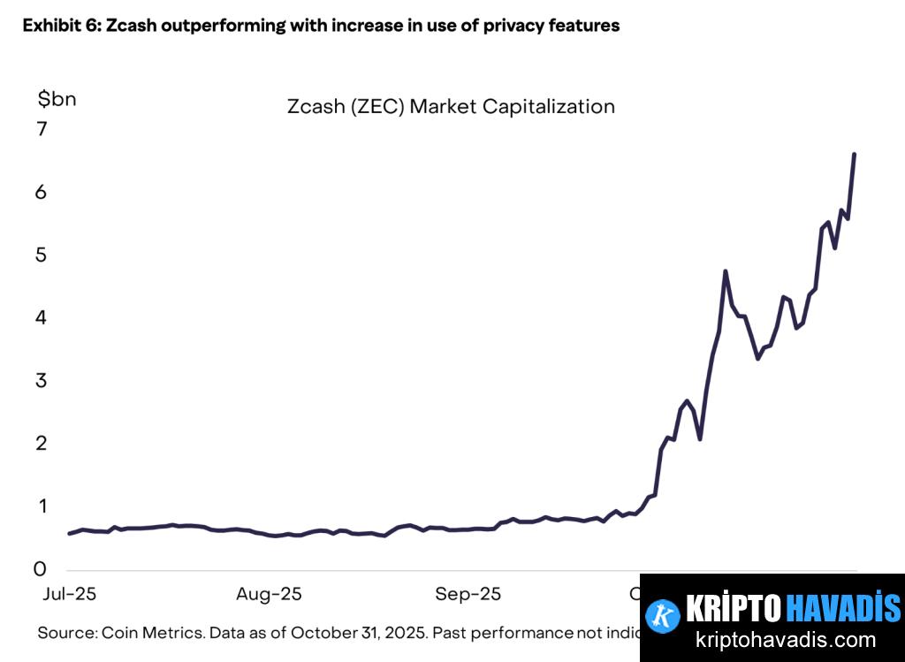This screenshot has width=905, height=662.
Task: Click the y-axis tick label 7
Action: [42, 129]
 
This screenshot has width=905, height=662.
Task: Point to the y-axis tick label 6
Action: [42, 192]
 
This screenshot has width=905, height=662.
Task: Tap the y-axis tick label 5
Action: [42, 255]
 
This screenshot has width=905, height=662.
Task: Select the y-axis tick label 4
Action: [42, 317]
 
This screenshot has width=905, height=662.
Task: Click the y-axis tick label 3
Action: [42, 381]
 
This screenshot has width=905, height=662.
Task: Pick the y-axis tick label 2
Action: [42, 444]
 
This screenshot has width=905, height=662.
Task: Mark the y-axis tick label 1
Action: [42, 506]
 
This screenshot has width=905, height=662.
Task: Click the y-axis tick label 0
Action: [42, 569]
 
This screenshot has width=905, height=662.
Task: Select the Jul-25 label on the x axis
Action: [70, 594]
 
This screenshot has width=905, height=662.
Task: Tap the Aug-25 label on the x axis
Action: [269, 594]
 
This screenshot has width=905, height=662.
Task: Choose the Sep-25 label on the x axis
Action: [468, 594]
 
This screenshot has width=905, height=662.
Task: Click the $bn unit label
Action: [57, 99]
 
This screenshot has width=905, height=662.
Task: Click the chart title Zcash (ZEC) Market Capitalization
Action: [451, 107]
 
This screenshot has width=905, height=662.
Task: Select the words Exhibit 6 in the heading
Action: [59, 26]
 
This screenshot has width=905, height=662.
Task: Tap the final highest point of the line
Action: [854, 155]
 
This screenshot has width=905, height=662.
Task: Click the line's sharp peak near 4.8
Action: [726, 271]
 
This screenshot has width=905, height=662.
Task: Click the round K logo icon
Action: [662, 615]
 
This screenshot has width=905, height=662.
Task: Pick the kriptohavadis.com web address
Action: [785, 640]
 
